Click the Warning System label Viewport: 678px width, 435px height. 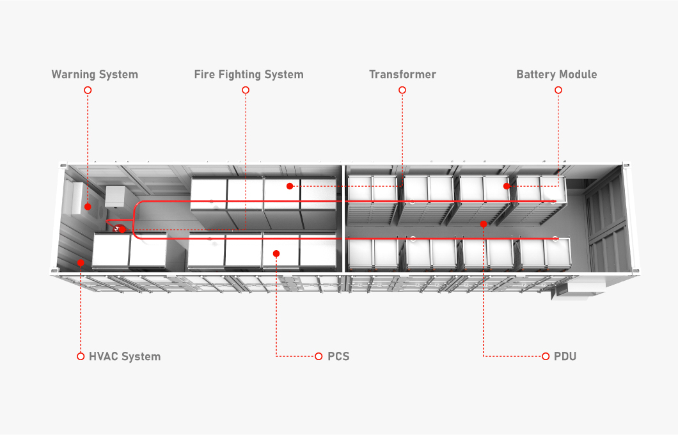(x=95, y=74)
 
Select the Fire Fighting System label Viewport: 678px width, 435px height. (x=249, y=74)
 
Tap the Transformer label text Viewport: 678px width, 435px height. (x=402, y=74)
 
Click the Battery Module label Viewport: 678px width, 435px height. (x=556, y=74)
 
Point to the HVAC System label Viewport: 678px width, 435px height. (x=125, y=356)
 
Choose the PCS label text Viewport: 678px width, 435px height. (x=338, y=356)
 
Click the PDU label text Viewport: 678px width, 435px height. (x=565, y=356)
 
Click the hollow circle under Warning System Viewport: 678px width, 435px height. (x=88, y=90)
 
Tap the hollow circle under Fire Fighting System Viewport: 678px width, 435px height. (x=246, y=90)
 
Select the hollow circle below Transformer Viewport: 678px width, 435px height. (x=402, y=90)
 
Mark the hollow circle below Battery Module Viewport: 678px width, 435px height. (x=558, y=90)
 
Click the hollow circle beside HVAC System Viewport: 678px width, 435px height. (x=81, y=356)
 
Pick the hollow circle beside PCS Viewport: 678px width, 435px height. (x=319, y=356)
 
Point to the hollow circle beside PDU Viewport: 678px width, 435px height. (x=546, y=356)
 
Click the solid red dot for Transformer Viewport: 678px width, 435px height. (x=290, y=186)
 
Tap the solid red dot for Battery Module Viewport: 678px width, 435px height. (x=507, y=186)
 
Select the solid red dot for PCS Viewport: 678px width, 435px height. (x=276, y=254)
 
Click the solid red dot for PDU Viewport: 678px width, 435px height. (x=484, y=225)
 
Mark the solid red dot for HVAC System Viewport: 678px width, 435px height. (x=81, y=262)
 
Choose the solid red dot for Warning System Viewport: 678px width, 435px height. (x=88, y=207)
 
